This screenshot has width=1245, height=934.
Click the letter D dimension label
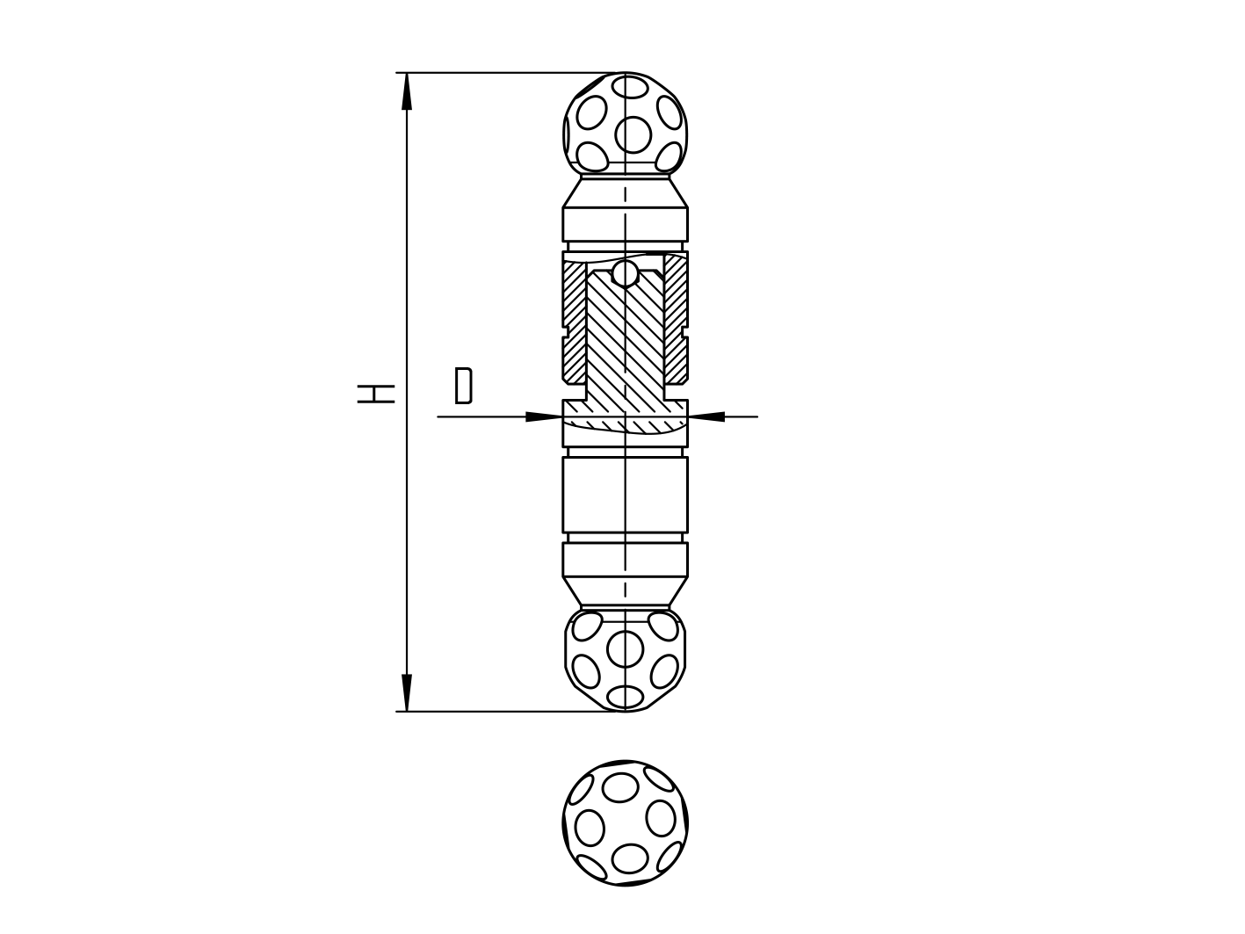(463, 386)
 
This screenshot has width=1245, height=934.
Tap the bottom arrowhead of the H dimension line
(406, 693)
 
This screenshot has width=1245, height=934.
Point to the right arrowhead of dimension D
(706, 416)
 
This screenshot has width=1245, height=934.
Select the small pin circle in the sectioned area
(625, 273)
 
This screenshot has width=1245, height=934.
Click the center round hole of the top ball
(633, 134)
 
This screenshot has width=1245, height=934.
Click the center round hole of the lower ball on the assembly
(625, 648)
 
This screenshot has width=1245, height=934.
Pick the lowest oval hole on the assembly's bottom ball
(625, 697)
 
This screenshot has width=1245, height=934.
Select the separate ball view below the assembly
(625, 823)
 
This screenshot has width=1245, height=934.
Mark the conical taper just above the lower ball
(625, 590)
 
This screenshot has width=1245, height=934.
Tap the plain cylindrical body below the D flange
(625, 494)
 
